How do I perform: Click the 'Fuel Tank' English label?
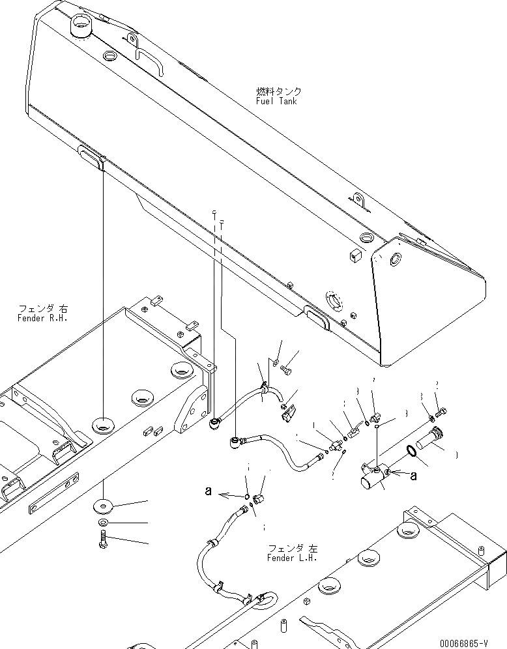(x=277, y=101)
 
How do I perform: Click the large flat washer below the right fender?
(x=104, y=504)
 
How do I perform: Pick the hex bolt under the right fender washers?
(x=103, y=540)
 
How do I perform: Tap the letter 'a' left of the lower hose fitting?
(x=209, y=493)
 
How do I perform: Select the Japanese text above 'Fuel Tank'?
(x=279, y=92)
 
